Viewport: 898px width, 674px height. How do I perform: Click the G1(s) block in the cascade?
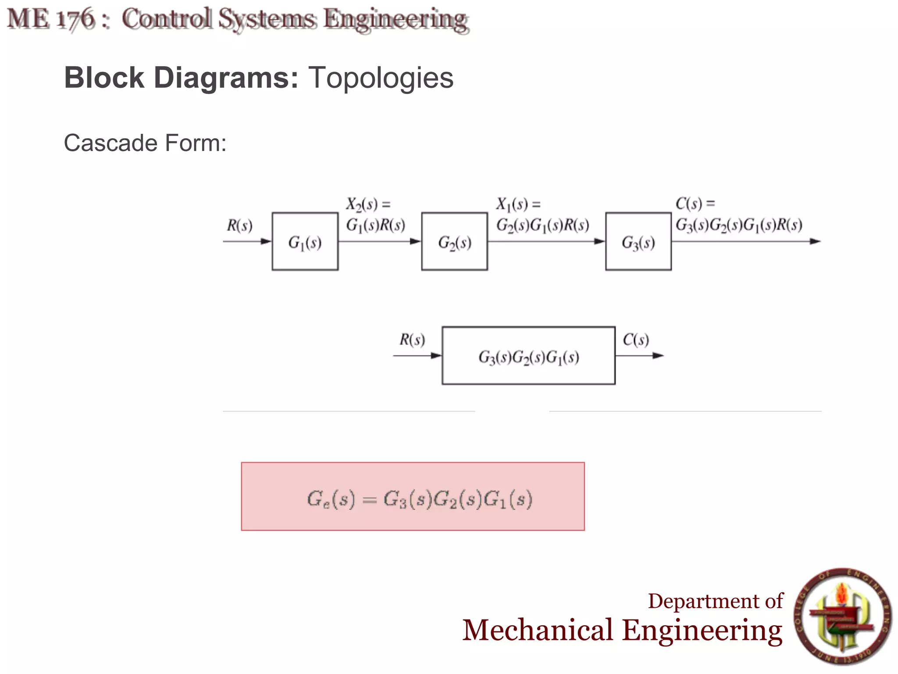click(305, 241)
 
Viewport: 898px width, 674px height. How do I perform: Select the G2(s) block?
click(454, 241)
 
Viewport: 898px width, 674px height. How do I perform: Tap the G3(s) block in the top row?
click(638, 241)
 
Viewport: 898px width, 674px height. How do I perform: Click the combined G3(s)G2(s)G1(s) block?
click(528, 356)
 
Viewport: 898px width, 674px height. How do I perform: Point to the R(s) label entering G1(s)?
click(239, 226)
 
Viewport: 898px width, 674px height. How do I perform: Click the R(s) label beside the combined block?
click(412, 340)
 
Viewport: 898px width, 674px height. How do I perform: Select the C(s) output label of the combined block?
click(635, 340)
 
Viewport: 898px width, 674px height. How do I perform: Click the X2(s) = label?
click(368, 204)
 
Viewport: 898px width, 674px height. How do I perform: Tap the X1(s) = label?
click(518, 204)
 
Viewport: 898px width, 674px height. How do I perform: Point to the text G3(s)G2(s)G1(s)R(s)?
click(739, 226)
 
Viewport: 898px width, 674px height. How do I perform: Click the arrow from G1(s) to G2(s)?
click(380, 241)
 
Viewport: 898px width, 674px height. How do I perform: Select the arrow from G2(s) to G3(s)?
click(546, 241)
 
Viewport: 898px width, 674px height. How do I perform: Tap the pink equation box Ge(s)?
click(413, 496)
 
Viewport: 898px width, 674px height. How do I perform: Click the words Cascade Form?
click(145, 143)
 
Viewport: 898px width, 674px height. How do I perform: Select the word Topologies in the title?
click(381, 78)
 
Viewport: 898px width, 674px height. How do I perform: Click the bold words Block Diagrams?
click(181, 78)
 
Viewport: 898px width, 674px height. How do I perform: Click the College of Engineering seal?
click(842, 616)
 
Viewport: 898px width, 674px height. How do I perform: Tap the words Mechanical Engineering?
click(622, 631)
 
